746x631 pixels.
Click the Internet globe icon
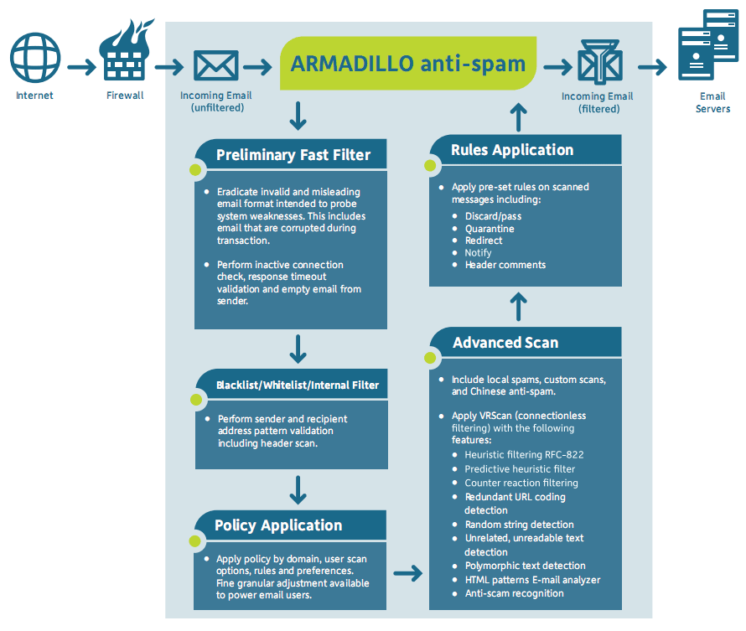click(x=34, y=57)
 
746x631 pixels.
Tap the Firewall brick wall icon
click(x=124, y=55)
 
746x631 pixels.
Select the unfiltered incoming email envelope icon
click(x=215, y=65)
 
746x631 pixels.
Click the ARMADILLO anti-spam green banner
click(x=408, y=64)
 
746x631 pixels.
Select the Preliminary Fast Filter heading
click(x=293, y=155)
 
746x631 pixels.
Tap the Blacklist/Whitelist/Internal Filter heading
click(x=298, y=385)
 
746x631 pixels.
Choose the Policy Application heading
click(x=278, y=525)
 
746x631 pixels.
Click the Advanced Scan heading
click(x=505, y=342)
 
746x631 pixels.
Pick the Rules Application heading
click(x=512, y=150)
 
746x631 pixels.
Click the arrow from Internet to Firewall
click(x=80, y=66)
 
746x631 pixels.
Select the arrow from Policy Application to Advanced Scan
click(x=407, y=573)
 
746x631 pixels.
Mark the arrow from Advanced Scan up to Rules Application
click(x=519, y=306)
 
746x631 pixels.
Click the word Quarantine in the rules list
click(x=490, y=229)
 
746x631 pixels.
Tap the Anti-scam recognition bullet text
click(x=514, y=593)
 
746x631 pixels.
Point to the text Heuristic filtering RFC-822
click(x=524, y=455)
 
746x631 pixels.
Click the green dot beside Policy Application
click(x=196, y=543)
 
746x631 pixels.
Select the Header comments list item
click(x=505, y=265)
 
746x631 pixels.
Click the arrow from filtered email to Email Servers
click(x=651, y=66)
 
